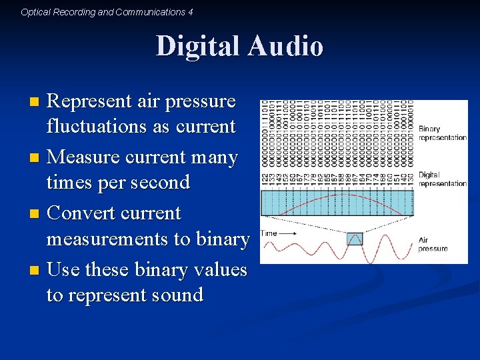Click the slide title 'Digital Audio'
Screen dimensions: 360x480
tap(239, 47)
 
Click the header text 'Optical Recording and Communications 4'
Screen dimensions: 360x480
tap(107, 12)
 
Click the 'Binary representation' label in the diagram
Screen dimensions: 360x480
tap(442, 133)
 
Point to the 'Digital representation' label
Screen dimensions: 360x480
tap(442, 179)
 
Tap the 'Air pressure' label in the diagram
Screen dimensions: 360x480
tap(433, 244)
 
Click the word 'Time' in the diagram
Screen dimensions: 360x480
tap(269, 233)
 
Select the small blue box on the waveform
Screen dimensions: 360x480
tap(354, 239)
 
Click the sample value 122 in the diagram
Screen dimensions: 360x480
tap(265, 179)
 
